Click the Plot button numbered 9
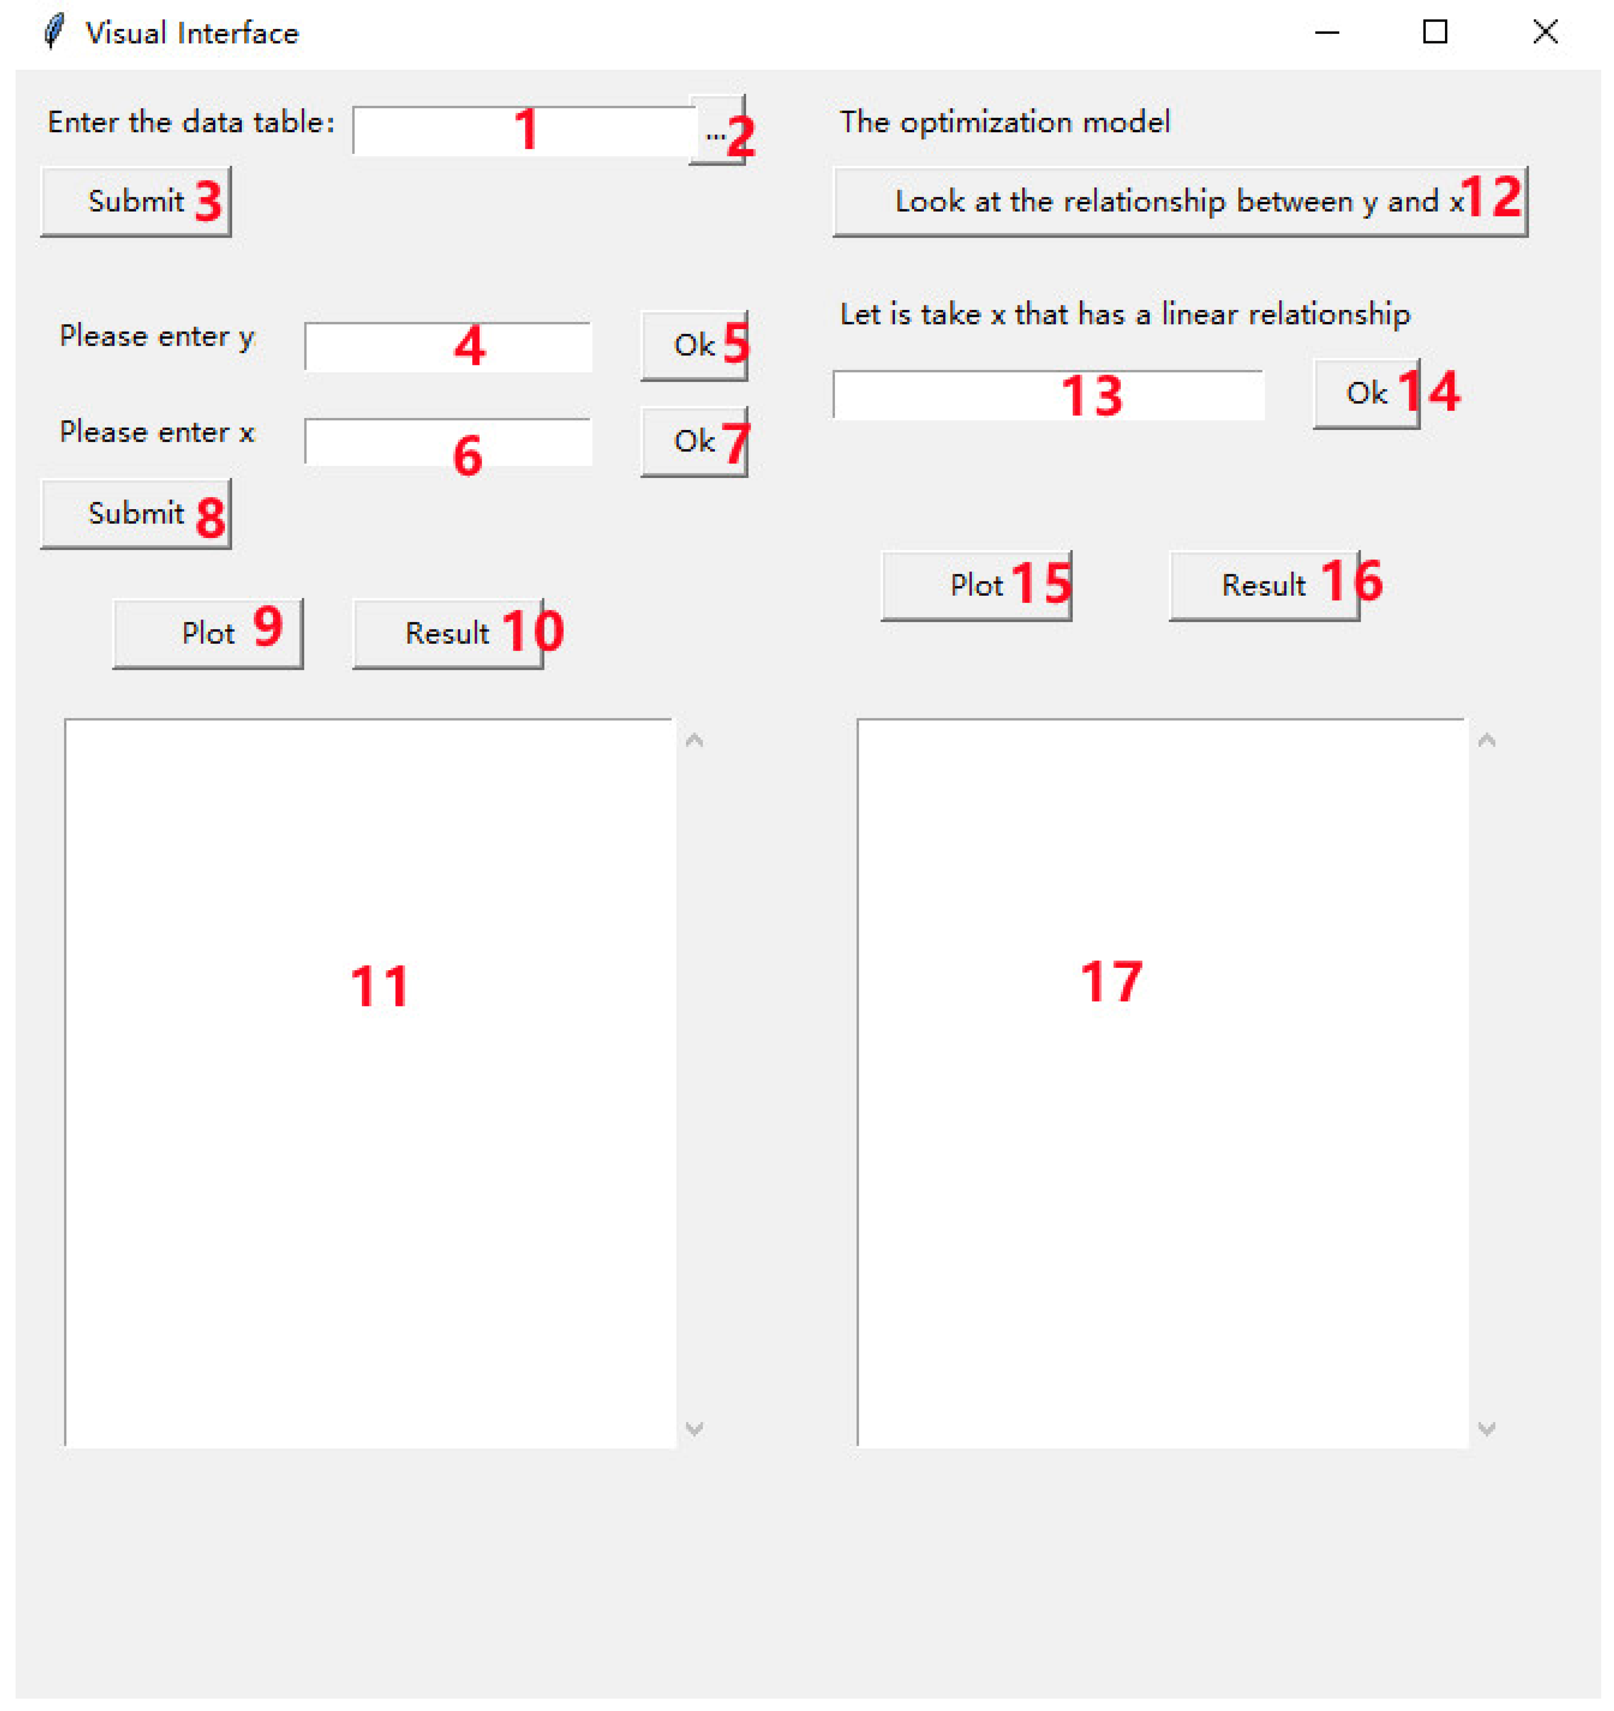(x=207, y=634)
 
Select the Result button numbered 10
(x=447, y=634)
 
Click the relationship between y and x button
(x=1179, y=201)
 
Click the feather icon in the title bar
(x=54, y=32)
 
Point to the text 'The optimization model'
(x=1004, y=122)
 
